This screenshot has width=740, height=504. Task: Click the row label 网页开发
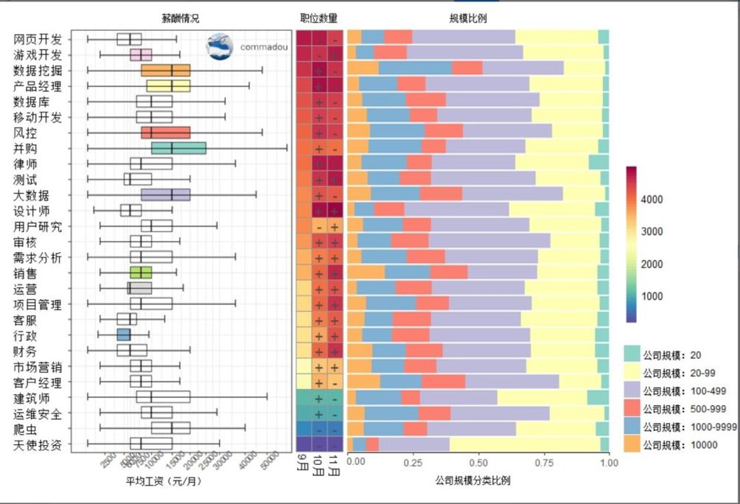[38, 39]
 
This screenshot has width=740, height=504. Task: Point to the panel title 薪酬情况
[181, 18]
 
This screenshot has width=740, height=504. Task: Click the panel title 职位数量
[319, 18]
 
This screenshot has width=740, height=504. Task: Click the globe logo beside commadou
[220, 46]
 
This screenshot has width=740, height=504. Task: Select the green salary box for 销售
[141, 273]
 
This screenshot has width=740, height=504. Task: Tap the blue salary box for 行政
[123, 335]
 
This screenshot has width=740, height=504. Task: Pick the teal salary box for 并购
[178, 148]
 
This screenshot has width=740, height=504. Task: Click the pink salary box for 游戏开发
[141, 55]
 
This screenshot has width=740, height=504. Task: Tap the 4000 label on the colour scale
[652, 200]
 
